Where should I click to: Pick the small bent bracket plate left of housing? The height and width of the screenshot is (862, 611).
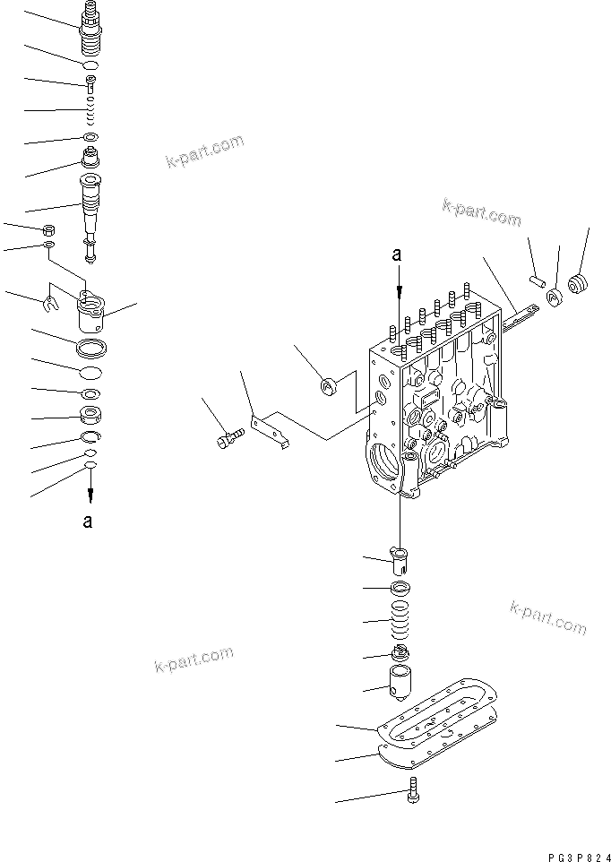pyautogui.click(x=271, y=427)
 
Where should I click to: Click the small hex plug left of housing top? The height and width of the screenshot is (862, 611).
pyautogui.click(x=328, y=387)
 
